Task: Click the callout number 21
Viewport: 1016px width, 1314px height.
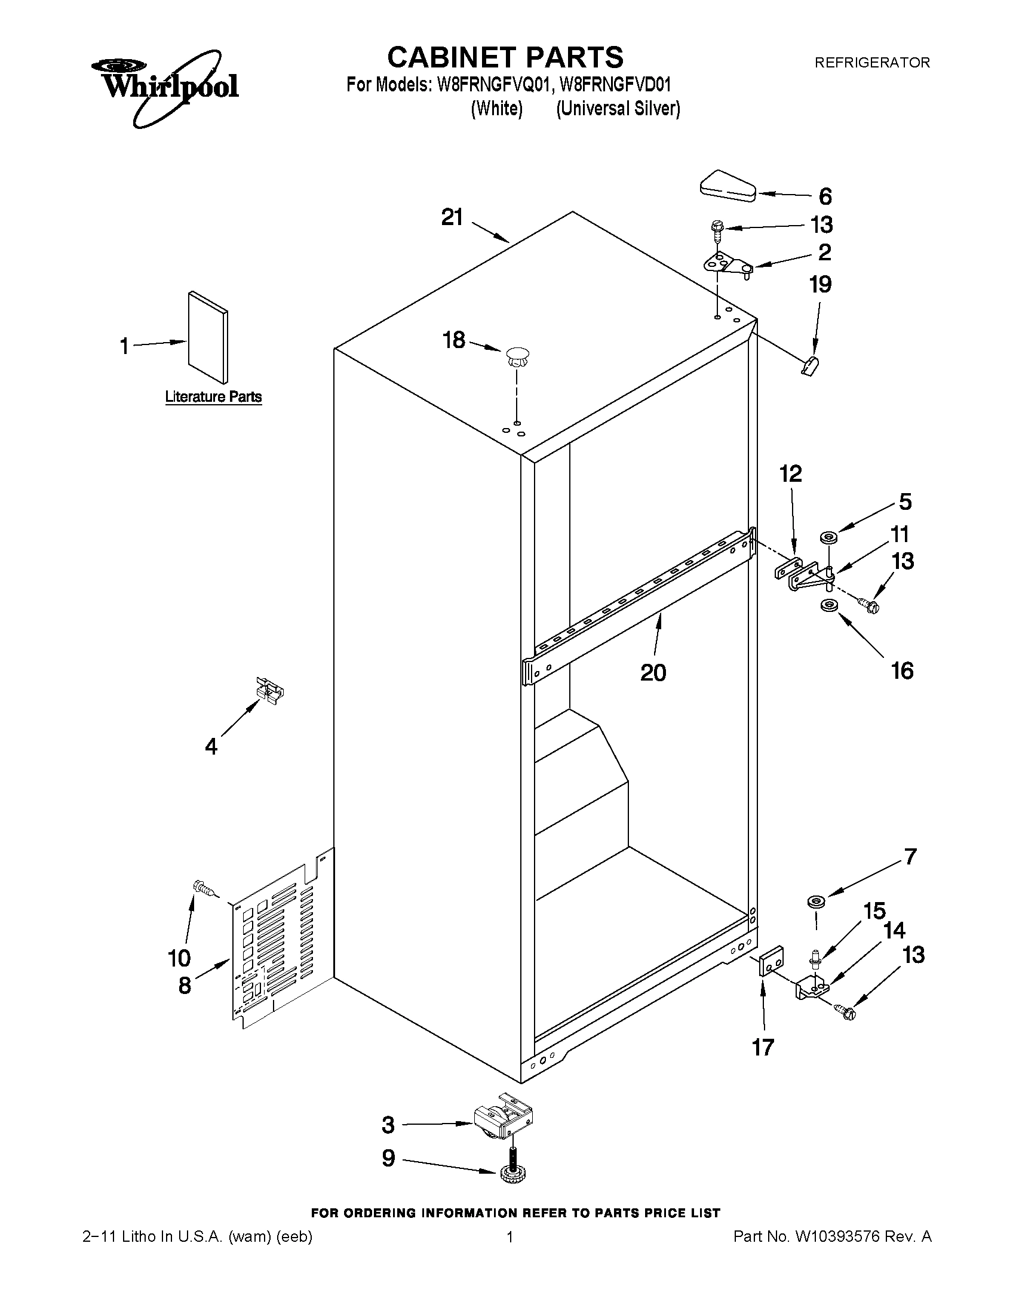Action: pos(453,217)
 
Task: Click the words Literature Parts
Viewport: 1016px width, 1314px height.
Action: pos(213,397)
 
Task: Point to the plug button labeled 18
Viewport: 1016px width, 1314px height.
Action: pos(517,355)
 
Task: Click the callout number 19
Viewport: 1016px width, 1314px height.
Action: pos(820,284)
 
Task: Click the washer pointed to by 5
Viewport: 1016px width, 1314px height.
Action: pos(828,537)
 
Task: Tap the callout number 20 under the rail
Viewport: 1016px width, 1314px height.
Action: pos(653,672)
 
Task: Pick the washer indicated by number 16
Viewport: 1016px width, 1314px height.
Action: pos(828,605)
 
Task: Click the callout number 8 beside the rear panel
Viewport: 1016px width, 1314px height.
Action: pos(185,985)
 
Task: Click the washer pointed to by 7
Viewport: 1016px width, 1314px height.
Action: pos(815,901)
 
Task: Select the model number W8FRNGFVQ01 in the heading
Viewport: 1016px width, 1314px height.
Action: pos(493,85)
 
